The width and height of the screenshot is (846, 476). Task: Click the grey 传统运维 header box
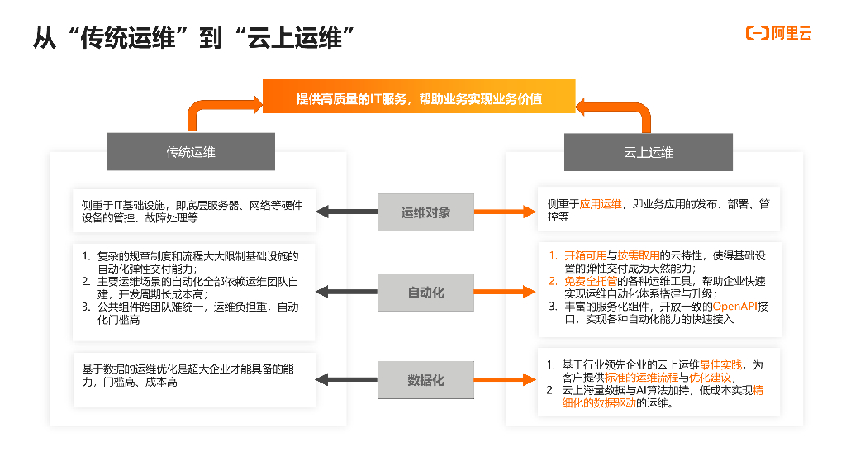(x=190, y=152)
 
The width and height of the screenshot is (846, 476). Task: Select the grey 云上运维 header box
(x=648, y=152)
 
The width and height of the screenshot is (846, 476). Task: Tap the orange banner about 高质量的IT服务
(x=419, y=98)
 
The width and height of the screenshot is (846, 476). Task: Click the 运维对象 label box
(x=425, y=212)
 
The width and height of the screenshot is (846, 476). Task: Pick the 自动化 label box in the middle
(x=425, y=293)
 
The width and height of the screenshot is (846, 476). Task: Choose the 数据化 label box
(x=425, y=380)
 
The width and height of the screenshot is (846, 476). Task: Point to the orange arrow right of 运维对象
(x=504, y=212)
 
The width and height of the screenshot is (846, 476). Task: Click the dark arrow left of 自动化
(x=347, y=293)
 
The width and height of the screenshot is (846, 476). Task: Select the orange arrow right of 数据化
(x=504, y=380)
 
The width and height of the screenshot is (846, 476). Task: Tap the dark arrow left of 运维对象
(x=347, y=212)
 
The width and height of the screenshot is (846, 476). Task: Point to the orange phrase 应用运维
(x=601, y=203)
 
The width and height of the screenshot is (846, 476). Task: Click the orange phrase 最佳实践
(x=720, y=364)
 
